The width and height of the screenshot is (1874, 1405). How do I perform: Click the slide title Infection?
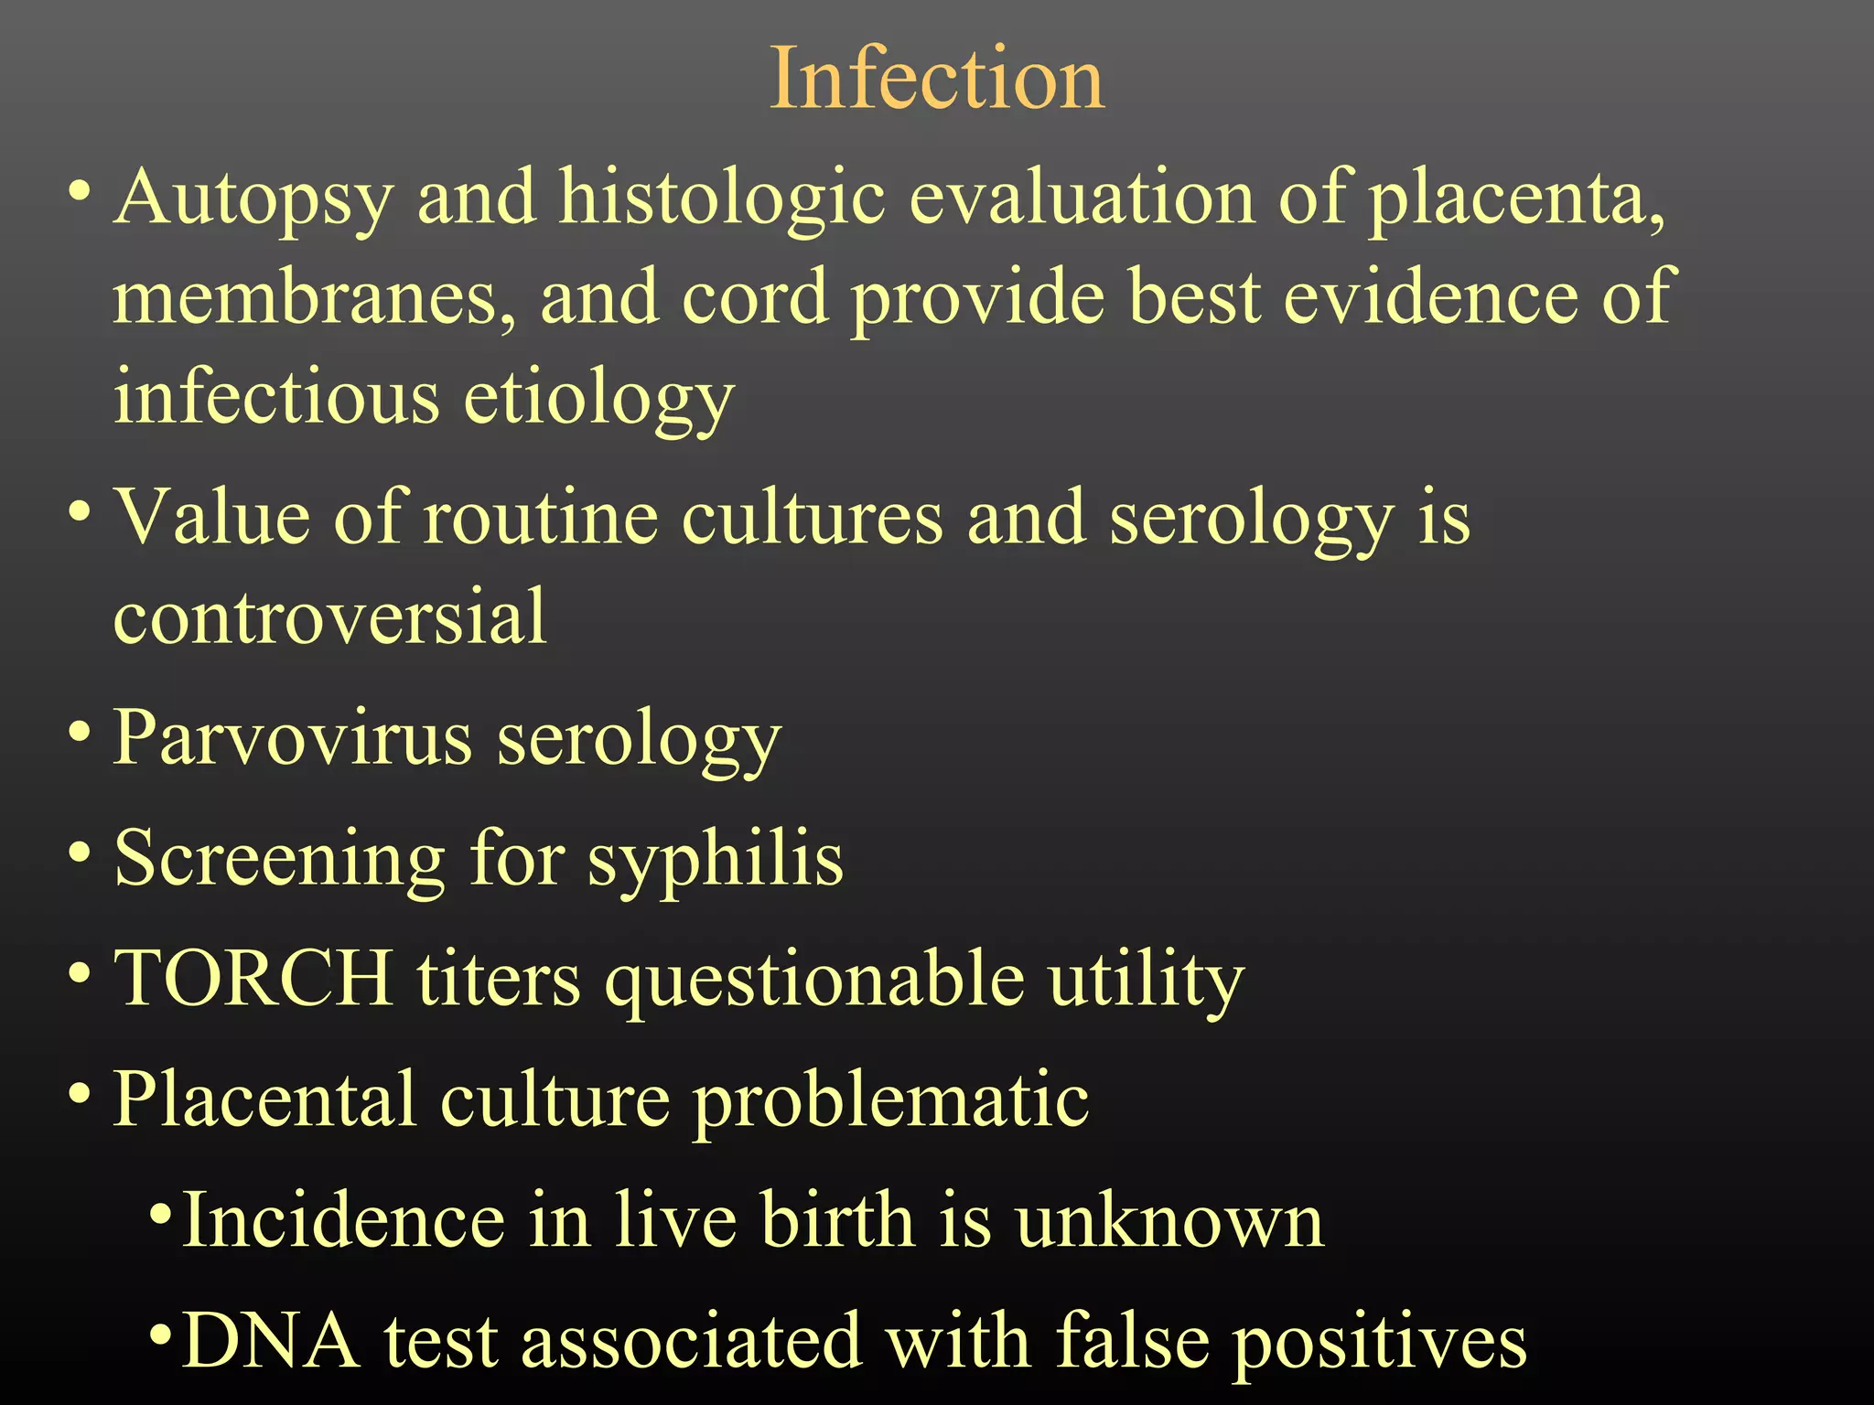pos(937,80)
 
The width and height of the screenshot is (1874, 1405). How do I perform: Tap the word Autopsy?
pos(253,198)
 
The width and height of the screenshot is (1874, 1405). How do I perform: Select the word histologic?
pos(723,198)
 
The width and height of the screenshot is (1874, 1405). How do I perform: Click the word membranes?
pos(314,297)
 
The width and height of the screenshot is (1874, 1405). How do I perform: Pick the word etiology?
pos(598,398)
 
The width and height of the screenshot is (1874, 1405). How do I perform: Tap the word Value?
pos(211,518)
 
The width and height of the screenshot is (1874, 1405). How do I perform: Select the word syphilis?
pos(715,860)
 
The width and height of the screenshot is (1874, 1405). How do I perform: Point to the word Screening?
pos(279,860)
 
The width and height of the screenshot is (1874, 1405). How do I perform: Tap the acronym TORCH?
pos(253,978)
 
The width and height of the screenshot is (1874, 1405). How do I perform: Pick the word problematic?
pos(890,1100)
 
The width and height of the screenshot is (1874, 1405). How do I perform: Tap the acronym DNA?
pos(270,1341)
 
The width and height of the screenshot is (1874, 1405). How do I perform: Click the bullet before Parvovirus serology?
pos(80,732)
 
